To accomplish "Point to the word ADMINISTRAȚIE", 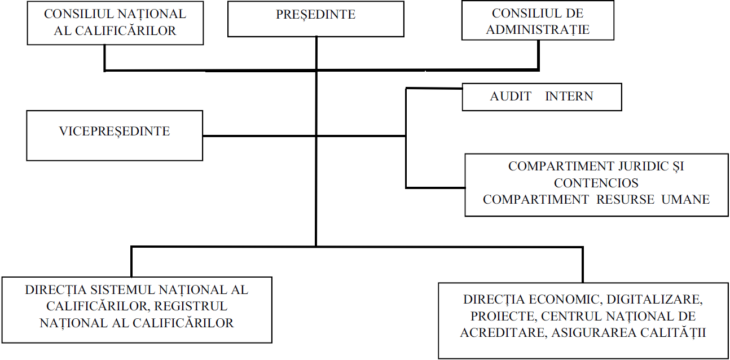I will (538, 30).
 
